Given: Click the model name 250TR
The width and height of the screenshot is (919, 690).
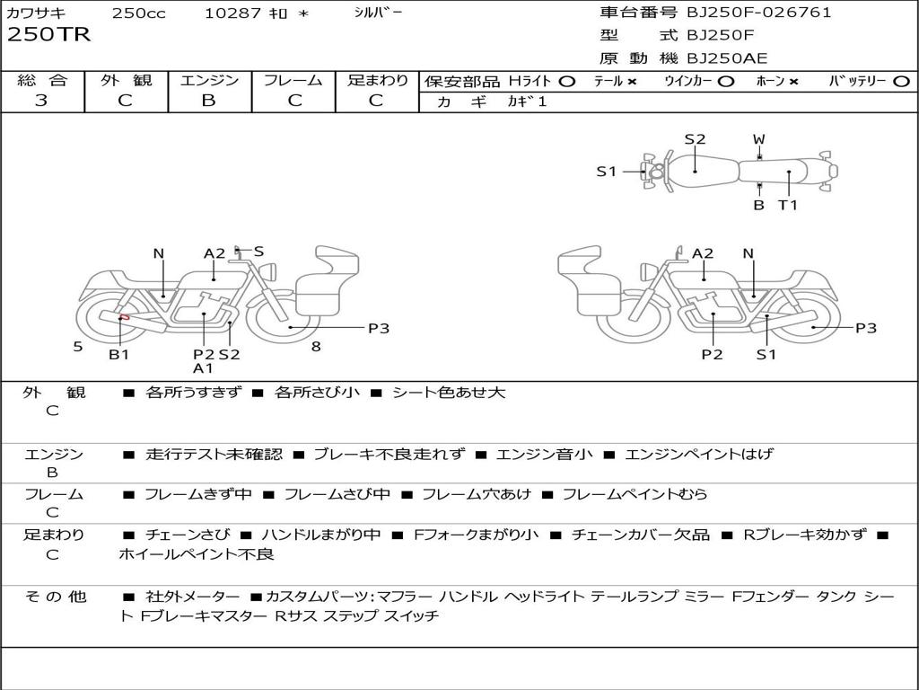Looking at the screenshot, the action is (48, 35).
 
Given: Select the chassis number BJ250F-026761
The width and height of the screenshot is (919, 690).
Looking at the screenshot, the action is (759, 13).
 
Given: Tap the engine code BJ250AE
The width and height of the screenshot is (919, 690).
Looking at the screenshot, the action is (727, 58).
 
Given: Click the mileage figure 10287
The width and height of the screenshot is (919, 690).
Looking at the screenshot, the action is (232, 13).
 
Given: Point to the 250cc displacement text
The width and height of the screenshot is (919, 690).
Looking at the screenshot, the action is (139, 13).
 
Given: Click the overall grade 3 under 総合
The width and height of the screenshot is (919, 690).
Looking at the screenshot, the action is (41, 101).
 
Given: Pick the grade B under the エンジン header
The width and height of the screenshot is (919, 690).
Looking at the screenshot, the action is (208, 101).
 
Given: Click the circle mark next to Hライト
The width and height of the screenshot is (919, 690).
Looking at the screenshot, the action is (567, 82).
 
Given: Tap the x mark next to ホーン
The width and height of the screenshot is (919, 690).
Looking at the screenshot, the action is (793, 82).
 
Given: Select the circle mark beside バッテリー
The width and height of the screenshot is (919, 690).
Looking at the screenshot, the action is (902, 82).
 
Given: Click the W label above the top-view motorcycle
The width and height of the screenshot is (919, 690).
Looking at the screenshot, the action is (759, 139).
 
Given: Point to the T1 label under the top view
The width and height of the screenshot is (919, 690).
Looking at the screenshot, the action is (788, 205).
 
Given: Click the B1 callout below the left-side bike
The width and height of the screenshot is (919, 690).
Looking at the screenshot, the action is (119, 354).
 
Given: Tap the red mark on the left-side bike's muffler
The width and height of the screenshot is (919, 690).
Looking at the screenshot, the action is (124, 317).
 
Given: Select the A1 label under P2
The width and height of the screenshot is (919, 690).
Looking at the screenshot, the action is (203, 368).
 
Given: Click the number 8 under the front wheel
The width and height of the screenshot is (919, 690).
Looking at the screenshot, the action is (316, 347).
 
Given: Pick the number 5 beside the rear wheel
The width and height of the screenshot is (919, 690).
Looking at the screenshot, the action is (78, 347).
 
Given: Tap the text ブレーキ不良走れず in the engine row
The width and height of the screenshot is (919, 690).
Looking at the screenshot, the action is (389, 454).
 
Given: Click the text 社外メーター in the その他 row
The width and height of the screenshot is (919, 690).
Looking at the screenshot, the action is (193, 597).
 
